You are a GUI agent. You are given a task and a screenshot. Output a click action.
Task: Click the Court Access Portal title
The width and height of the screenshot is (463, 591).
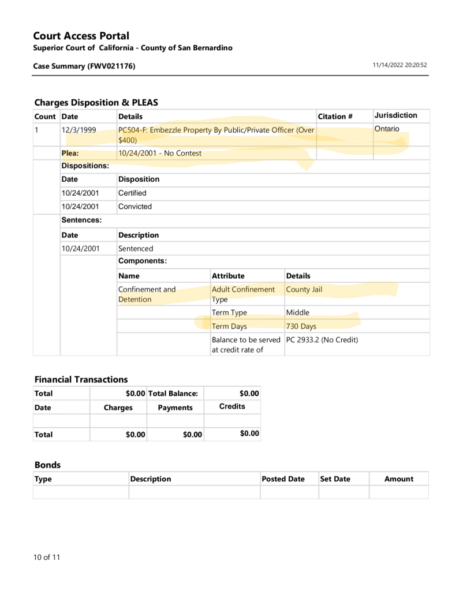click(x=81, y=36)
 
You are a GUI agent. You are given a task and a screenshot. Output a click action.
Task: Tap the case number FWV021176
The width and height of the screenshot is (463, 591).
click(x=111, y=66)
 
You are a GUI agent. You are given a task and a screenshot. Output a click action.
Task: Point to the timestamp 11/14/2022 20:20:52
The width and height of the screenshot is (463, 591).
click(x=400, y=66)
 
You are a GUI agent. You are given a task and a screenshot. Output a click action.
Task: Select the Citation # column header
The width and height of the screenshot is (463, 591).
click(x=335, y=117)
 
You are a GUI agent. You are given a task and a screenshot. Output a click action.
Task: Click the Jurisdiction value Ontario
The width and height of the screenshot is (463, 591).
click(x=386, y=129)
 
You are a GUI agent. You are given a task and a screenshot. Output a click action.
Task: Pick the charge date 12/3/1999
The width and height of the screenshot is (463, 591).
click(x=79, y=130)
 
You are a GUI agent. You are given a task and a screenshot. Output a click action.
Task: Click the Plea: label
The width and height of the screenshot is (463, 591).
click(x=70, y=154)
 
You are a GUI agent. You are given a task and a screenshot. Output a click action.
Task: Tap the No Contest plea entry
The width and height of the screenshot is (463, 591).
click(x=160, y=154)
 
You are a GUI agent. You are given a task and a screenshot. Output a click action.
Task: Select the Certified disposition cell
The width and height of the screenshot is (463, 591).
click(x=132, y=193)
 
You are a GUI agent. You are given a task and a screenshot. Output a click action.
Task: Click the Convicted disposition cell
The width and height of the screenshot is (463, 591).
click(x=135, y=206)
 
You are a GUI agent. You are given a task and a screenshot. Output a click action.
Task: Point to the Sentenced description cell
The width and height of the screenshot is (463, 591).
click(x=136, y=249)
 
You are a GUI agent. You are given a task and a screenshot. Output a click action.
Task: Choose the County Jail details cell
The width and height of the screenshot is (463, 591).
click(x=304, y=289)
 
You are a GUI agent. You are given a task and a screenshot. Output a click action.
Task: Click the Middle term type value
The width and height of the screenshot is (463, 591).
click(x=298, y=312)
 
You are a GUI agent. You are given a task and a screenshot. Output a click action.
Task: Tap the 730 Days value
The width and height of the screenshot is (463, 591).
click(x=301, y=326)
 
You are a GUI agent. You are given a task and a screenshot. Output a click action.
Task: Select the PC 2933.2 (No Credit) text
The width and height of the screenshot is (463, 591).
click(x=322, y=340)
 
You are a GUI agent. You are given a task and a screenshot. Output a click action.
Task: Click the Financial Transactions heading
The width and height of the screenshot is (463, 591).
click(x=81, y=379)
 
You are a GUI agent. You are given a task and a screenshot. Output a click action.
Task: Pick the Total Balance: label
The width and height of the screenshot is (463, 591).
click(x=173, y=394)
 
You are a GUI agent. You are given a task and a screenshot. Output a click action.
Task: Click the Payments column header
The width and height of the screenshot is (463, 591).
click(x=175, y=407)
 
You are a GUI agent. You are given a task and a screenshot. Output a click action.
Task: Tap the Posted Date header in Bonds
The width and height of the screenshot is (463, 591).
click(x=283, y=479)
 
